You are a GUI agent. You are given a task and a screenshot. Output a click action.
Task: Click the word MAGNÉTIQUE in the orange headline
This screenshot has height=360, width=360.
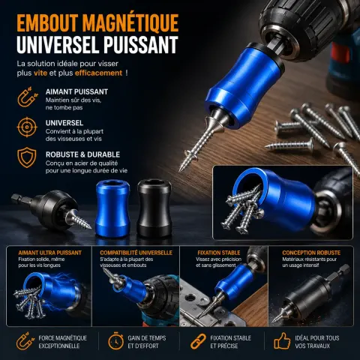[x=130, y=22]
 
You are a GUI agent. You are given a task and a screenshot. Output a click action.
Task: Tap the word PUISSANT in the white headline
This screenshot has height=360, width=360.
[x=141, y=44]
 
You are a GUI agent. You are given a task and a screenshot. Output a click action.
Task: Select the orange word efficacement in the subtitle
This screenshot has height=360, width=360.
[x=98, y=73]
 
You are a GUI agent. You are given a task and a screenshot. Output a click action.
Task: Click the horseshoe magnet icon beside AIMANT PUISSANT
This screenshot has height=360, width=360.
[x=28, y=97]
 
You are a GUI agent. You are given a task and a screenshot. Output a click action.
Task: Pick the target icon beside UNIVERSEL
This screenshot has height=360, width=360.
[x=27, y=127]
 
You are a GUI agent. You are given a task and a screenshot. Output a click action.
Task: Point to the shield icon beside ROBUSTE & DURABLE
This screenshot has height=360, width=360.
[x=27, y=157]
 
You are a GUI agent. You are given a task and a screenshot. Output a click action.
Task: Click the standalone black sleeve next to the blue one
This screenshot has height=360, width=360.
[x=154, y=208]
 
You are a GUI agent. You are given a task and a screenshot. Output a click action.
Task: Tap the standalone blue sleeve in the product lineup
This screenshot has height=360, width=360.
[x=112, y=208]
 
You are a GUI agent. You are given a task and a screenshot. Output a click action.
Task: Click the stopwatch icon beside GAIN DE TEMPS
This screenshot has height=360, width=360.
[x=115, y=341]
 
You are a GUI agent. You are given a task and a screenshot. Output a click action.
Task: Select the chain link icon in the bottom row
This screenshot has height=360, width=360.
[x=198, y=341]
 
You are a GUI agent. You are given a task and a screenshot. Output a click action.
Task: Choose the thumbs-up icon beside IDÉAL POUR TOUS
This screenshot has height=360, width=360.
[x=282, y=341]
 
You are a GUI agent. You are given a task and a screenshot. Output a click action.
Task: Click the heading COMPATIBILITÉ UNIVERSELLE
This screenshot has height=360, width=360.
[x=136, y=253]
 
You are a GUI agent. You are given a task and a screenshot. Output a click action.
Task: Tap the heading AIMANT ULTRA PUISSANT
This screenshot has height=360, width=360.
[x=50, y=253]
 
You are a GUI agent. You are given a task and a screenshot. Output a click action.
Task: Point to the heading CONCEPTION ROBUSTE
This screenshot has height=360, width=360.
[x=311, y=253]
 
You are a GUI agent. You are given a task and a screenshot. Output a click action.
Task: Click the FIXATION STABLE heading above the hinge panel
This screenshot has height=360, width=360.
[x=219, y=253]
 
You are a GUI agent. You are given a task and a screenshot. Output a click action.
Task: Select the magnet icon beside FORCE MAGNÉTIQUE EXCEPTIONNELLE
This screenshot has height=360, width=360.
[x=25, y=341]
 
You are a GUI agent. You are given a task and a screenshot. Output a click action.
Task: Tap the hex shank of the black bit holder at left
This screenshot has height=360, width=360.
[x=22, y=199]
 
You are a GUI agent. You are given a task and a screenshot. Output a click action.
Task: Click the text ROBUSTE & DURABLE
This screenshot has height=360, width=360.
[x=82, y=154]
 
